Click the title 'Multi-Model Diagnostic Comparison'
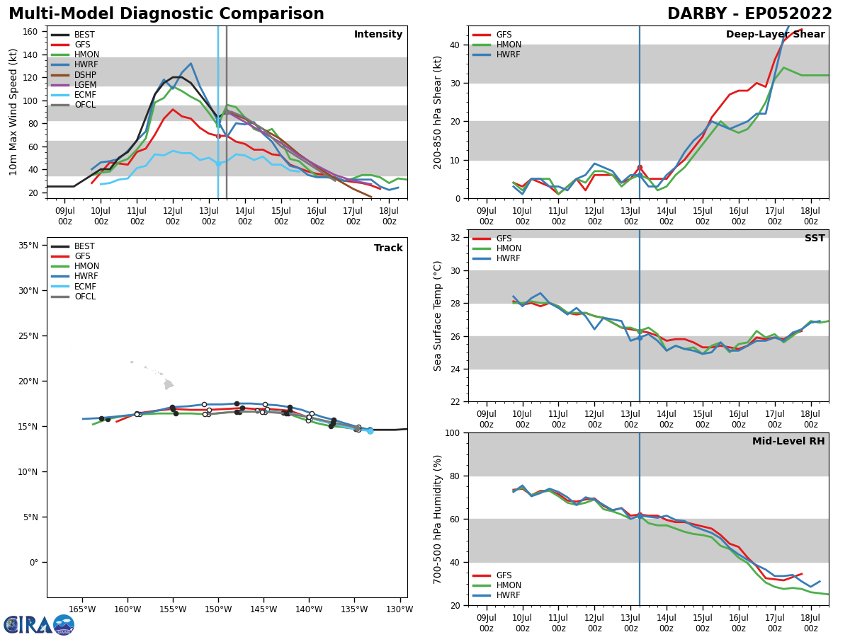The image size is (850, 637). [x=166, y=14]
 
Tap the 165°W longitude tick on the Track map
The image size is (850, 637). [x=82, y=609]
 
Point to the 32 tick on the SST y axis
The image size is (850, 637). [x=455, y=238]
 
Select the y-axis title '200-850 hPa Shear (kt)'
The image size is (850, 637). [x=438, y=112]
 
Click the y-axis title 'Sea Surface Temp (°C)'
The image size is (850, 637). [x=438, y=316]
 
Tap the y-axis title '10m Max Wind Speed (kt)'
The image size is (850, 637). [x=13, y=112]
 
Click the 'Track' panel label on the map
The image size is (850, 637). [x=388, y=248]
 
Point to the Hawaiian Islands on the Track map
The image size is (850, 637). [x=168, y=384]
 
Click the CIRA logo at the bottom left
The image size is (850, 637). [x=39, y=624]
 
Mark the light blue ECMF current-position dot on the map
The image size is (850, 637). [x=370, y=430]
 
